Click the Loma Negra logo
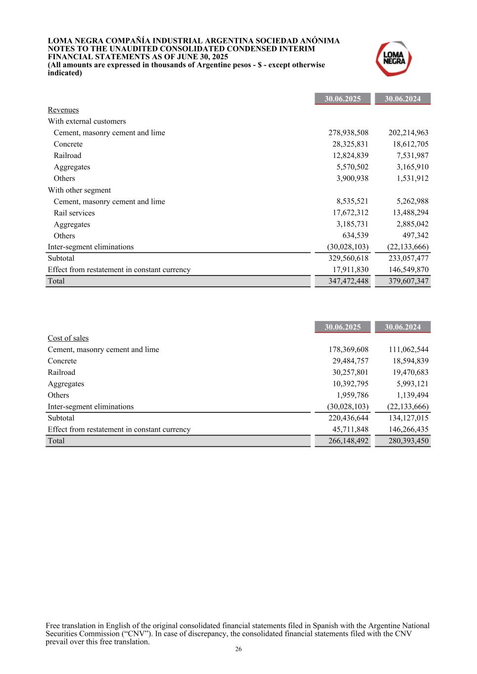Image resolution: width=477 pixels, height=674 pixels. [394, 59]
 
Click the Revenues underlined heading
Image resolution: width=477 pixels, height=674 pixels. [63, 110]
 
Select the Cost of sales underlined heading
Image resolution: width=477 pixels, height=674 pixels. [68, 338]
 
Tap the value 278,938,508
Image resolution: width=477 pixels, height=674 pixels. [348, 133]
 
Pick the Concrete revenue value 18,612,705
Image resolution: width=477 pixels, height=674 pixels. [408, 144]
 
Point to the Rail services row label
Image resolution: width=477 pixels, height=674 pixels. [74, 213]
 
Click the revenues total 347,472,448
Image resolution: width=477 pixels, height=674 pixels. [348, 281]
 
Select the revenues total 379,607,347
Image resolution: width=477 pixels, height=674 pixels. [408, 281]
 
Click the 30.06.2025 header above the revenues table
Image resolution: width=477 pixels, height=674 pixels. [343, 99]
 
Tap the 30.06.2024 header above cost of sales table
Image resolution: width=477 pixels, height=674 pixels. [403, 327]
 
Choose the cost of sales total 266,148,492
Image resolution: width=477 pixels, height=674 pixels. [348, 441]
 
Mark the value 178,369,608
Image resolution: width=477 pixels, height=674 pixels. [348, 350]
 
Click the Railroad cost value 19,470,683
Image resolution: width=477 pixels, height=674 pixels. [408, 372]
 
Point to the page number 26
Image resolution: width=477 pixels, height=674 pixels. [238, 649]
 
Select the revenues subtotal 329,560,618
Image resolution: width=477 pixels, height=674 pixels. [348, 258]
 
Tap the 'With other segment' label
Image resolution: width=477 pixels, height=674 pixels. [79, 190]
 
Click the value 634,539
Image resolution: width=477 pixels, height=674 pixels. [356, 236]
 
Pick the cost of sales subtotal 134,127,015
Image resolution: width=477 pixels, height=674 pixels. [408, 418]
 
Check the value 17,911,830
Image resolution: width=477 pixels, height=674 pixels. [350, 270]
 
